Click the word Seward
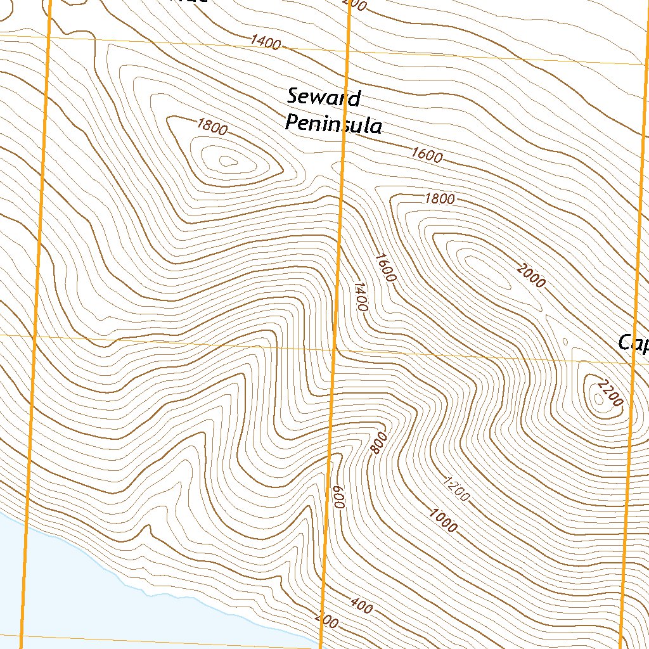click(x=323, y=98)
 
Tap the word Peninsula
click(x=333, y=123)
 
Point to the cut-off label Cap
click(x=633, y=344)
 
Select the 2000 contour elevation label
click(x=531, y=276)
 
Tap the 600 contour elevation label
click(x=338, y=496)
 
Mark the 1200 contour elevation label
click(x=456, y=488)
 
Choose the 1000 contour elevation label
click(x=442, y=520)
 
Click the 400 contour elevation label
click(x=361, y=607)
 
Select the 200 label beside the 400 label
click(x=326, y=621)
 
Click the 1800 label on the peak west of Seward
click(x=212, y=127)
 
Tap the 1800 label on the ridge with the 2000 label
click(x=440, y=199)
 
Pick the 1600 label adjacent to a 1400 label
click(x=385, y=267)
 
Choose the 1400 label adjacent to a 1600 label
click(x=359, y=297)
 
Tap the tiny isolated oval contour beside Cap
click(x=565, y=342)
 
